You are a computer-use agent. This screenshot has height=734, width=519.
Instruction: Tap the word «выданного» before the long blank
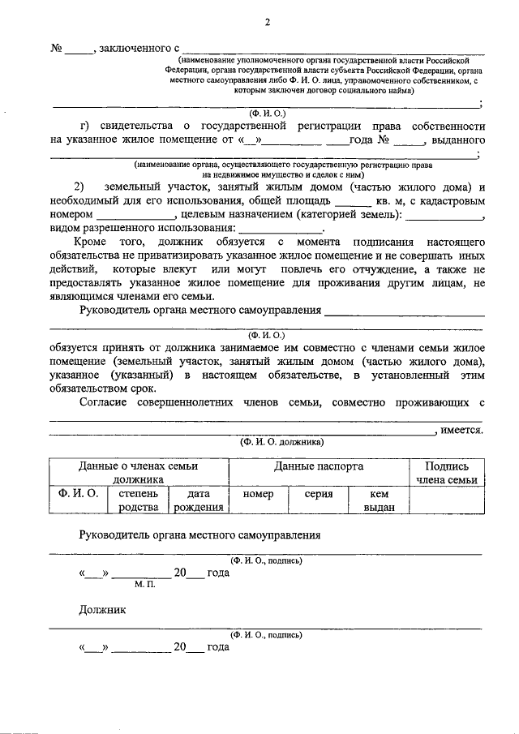[x=458, y=140]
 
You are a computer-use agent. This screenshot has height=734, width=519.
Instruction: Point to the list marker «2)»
[x=80, y=187]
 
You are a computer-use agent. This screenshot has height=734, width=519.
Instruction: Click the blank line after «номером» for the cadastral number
[x=135, y=216]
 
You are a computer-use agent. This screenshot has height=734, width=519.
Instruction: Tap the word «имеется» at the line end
[x=462, y=430]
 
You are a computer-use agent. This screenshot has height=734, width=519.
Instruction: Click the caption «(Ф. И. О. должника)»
[x=281, y=443]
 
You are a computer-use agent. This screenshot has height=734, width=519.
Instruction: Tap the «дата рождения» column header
[x=198, y=500]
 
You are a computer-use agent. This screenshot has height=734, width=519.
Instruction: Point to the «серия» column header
[x=318, y=494]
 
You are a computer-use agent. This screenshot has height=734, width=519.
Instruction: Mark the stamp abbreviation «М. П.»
[x=144, y=585]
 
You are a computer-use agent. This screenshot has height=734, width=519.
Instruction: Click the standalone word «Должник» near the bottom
[x=101, y=609]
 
